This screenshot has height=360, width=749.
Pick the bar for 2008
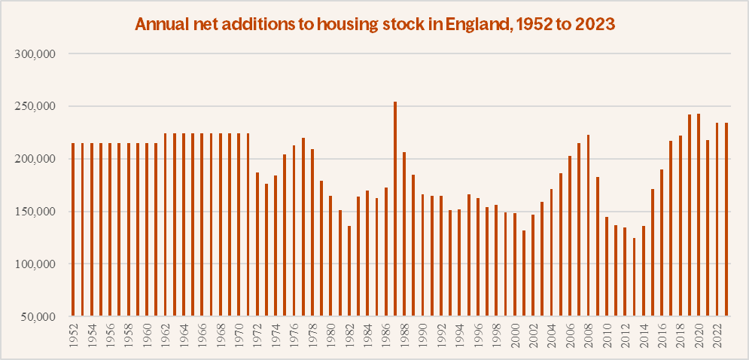coord(588,225)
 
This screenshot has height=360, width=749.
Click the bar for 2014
coord(644,270)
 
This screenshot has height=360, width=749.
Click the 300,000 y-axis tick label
coord(37,54)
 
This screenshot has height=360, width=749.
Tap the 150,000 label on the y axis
coord(37,212)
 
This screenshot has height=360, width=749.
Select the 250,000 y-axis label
coord(37,107)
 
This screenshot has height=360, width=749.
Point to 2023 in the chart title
coord(594,24)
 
